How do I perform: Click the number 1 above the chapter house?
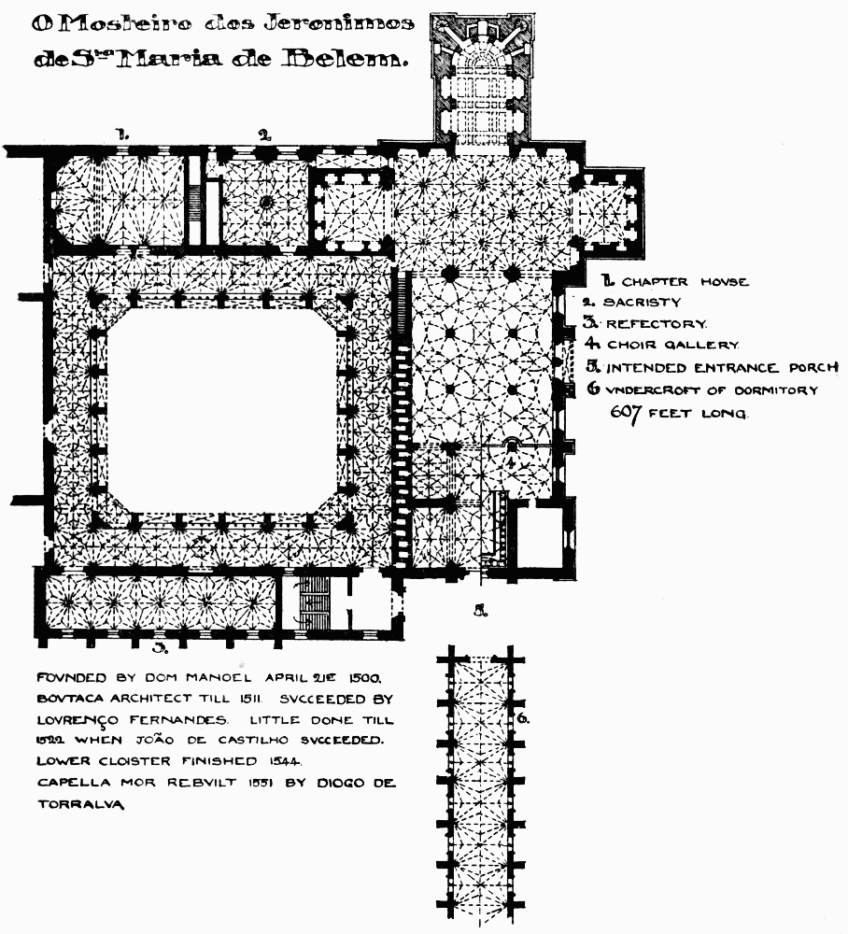point(121,134)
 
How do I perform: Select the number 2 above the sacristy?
point(264,134)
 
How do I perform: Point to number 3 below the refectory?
point(160,645)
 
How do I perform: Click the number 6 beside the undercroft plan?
point(523,718)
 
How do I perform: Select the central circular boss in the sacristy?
point(265,201)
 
